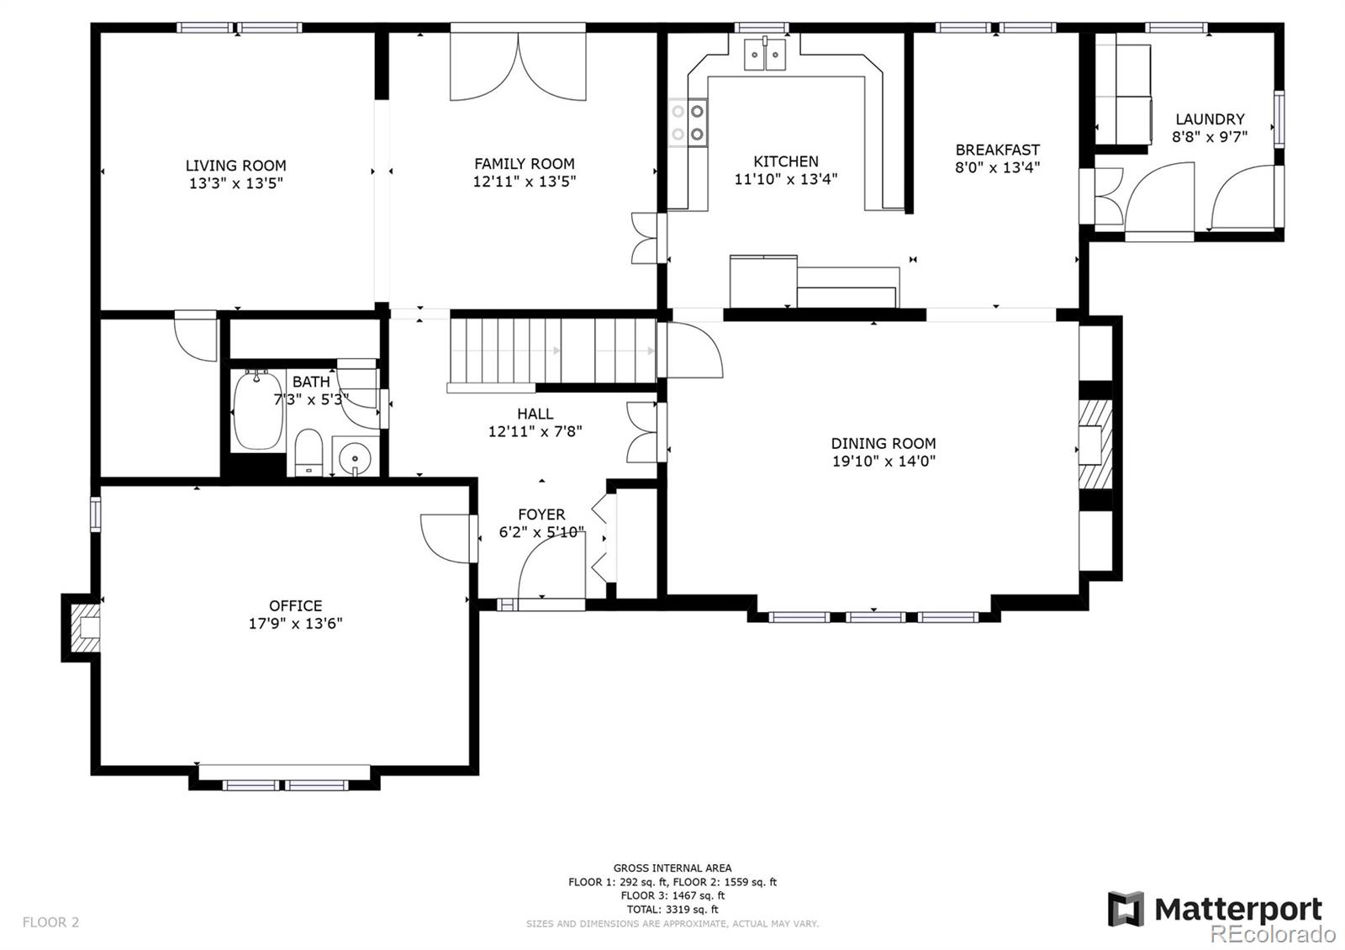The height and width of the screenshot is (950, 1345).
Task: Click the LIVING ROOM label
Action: pyautogui.click(x=235, y=166)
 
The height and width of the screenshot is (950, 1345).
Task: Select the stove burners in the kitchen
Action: pyautogui.click(x=688, y=122)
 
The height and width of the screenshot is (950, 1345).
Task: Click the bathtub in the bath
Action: pyautogui.click(x=258, y=411)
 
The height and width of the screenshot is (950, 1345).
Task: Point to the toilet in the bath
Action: pyautogui.click(x=309, y=452)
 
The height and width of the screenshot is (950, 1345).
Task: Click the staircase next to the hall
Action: pyautogui.click(x=551, y=351)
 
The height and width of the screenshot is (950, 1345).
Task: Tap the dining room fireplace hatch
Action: pyautogui.click(x=1095, y=445)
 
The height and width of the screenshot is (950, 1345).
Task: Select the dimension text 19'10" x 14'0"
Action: pyautogui.click(x=883, y=461)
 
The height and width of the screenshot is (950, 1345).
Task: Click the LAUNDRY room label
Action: pyautogui.click(x=1210, y=119)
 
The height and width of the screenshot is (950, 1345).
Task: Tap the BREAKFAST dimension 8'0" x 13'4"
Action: pyautogui.click(x=997, y=167)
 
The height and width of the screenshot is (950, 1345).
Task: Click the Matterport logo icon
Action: pyautogui.click(x=1126, y=909)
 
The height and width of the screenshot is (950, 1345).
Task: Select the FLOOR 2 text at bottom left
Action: pyautogui.click(x=50, y=922)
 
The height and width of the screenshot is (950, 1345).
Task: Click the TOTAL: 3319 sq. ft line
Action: pyautogui.click(x=672, y=909)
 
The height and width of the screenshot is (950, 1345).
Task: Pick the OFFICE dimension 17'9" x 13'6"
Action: pyautogui.click(x=295, y=624)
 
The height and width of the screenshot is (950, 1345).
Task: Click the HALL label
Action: pyautogui.click(x=535, y=414)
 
